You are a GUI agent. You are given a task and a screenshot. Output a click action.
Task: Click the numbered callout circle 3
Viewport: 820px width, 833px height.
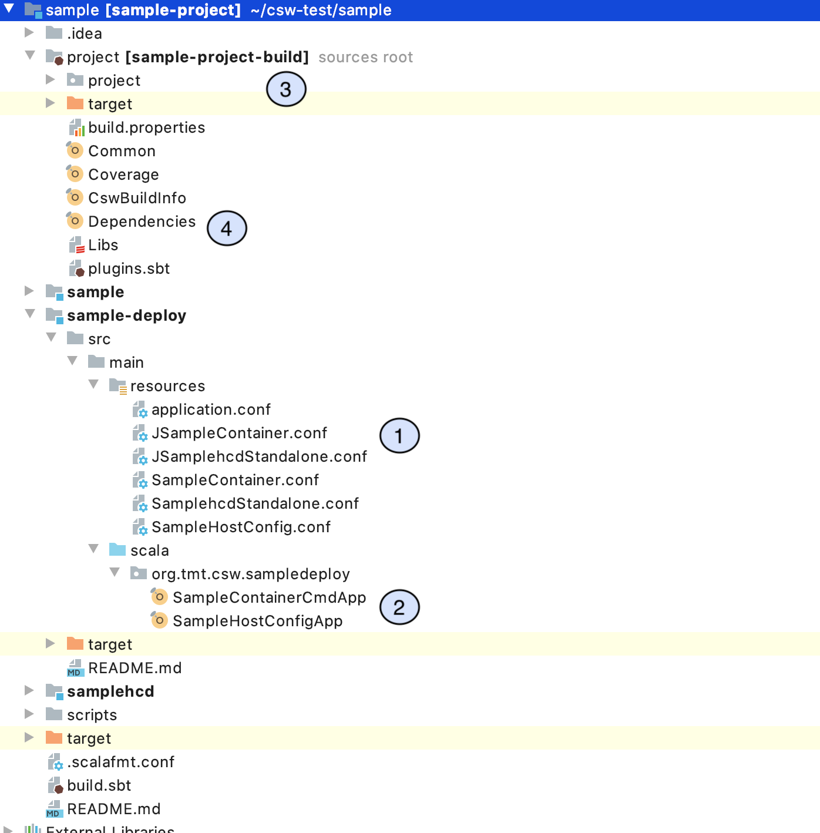point(286,89)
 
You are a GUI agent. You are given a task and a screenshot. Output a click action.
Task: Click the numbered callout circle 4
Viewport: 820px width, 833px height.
point(227,229)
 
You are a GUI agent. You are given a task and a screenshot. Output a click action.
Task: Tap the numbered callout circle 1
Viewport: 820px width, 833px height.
point(399,436)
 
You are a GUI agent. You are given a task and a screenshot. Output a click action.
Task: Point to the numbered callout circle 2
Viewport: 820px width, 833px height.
point(399,607)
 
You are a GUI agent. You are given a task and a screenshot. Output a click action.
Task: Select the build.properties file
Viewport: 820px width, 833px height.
point(146,127)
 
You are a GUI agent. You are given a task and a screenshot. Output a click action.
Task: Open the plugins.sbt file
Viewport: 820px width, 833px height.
point(129,268)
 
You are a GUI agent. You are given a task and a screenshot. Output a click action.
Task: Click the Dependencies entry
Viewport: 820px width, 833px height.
point(142,221)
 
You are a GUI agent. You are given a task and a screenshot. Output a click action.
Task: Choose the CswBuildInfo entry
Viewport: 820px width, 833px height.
point(137,198)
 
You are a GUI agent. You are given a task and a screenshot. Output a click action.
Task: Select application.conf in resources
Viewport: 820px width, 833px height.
point(211,409)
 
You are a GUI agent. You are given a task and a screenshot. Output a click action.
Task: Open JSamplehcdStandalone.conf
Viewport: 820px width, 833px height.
point(259,456)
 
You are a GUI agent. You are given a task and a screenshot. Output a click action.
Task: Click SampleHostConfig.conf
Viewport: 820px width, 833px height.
point(241,527)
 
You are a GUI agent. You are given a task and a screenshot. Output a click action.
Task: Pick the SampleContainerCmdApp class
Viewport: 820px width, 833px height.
point(269,597)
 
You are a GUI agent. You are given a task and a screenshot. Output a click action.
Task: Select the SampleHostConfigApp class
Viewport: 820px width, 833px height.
point(257,621)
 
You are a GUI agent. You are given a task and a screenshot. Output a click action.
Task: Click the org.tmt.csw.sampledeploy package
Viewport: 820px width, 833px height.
point(250,574)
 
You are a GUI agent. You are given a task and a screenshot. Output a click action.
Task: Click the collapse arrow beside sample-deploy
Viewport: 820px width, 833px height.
point(30,314)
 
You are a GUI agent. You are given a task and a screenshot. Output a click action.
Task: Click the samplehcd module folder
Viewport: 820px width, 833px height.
point(110,691)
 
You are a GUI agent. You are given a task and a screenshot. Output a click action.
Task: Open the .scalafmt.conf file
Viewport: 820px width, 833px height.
point(120,762)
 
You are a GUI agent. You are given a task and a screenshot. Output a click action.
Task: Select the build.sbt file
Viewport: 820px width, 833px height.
point(99,785)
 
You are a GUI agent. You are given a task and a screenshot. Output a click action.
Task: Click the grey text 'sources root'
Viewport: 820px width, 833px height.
point(365,57)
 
